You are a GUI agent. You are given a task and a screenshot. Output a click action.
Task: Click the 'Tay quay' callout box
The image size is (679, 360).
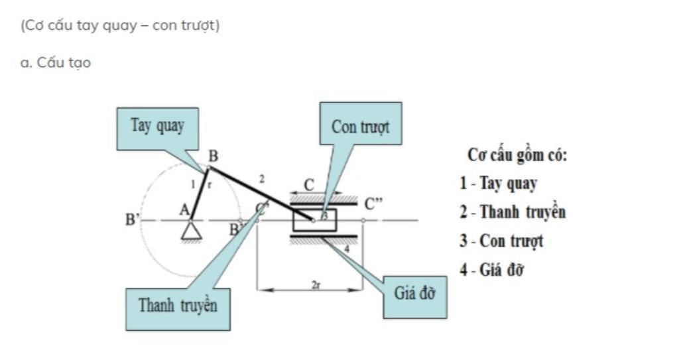point(157,128)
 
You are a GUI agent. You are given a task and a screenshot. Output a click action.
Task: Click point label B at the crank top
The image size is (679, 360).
point(213,156)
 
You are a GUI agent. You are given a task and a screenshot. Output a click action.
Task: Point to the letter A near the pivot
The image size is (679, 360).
point(184,209)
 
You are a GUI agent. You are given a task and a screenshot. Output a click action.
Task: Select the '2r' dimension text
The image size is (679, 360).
point(316,284)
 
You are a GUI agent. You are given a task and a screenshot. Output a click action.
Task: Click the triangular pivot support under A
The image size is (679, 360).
point(192,229)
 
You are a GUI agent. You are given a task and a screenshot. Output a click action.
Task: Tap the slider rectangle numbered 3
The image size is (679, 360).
point(314,219)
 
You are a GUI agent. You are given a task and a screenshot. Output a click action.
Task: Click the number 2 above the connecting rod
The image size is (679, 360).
point(261,179)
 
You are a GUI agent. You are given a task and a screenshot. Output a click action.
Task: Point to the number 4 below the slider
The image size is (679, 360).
point(346,249)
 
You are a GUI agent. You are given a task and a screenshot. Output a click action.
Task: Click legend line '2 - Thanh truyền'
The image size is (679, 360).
point(513,212)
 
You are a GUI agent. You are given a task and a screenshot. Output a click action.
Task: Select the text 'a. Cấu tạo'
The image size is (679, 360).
point(56,63)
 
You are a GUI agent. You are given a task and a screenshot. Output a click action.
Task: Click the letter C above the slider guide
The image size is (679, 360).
point(309,185)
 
